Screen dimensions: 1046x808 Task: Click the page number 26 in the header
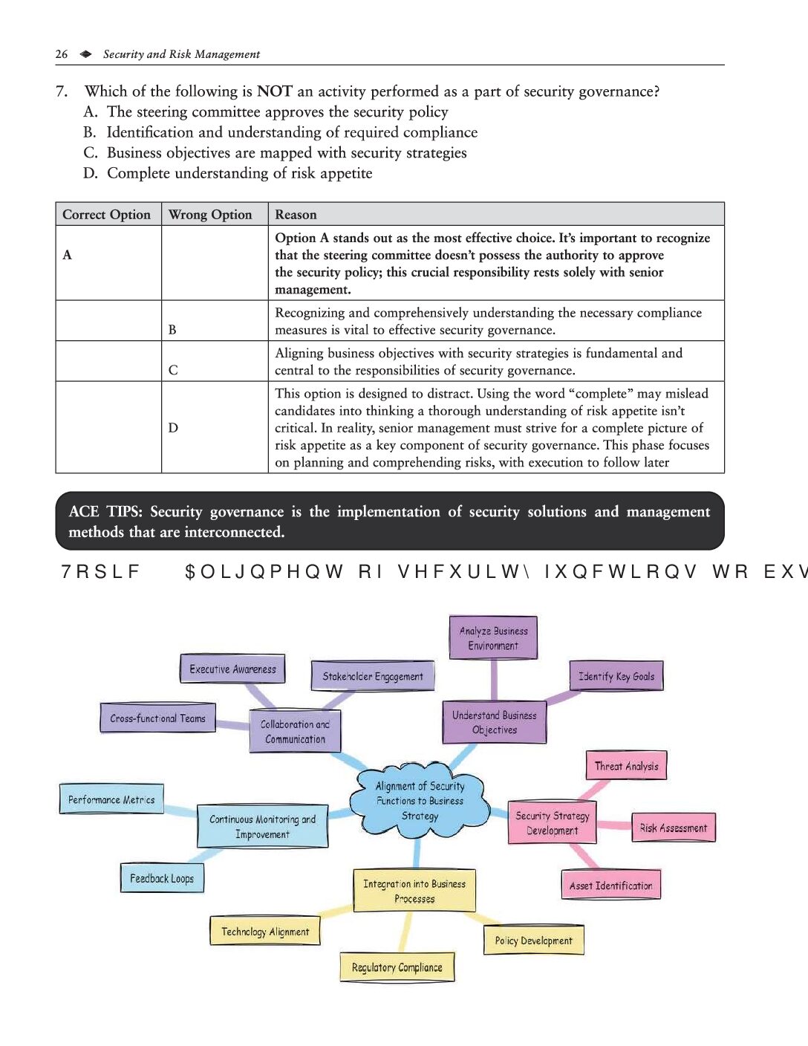[62, 54]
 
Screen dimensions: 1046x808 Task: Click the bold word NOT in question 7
[274, 91]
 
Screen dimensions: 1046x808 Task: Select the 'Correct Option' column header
[106, 215]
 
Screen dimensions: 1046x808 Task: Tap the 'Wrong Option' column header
[210, 215]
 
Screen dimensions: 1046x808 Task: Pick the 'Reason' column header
[296, 215]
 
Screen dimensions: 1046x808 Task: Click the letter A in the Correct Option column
[68, 255]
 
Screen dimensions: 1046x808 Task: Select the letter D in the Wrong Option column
[173, 428]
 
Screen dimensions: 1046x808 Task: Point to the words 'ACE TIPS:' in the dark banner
[105, 512]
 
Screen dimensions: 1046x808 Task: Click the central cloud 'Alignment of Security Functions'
[420, 801]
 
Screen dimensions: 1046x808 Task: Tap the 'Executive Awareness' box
[232, 669]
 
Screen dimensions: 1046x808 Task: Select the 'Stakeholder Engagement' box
[372, 676]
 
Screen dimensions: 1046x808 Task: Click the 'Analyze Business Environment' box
[493, 637]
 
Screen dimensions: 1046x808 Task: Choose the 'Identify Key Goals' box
[616, 676]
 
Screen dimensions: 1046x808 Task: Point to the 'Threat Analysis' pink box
[626, 766]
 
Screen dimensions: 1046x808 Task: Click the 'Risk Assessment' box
[673, 828]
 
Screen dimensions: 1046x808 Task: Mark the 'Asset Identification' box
[610, 886]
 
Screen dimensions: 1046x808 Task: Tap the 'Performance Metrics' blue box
[111, 799]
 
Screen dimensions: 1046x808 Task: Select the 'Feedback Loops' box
[162, 878]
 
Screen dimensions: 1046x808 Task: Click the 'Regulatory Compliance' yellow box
[397, 967]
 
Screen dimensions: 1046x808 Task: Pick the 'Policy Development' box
[533, 941]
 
